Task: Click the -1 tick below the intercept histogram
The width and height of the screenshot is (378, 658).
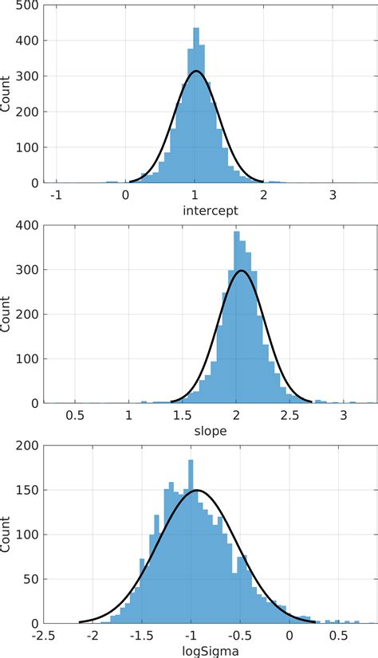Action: pyautogui.click(x=55, y=194)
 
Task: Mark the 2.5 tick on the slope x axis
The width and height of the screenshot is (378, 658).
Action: pyautogui.click(x=289, y=415)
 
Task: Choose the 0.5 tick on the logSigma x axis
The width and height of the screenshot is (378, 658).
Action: pyautogui.click(x=339, y=635)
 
